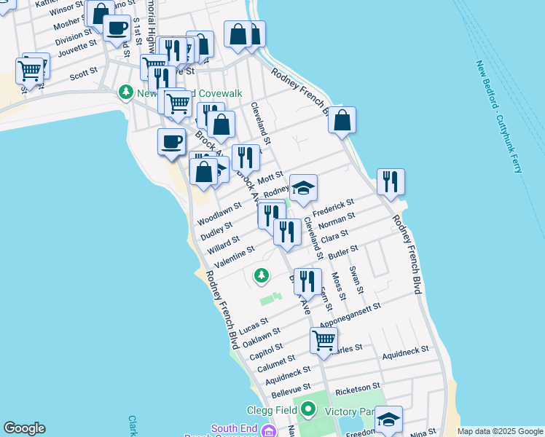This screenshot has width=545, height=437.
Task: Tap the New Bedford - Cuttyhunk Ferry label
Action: click(x=500, y=117)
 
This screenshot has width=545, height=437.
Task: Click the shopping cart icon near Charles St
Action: click(x=324, y=339)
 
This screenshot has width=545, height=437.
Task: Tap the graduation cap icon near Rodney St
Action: click(x=303, y=188)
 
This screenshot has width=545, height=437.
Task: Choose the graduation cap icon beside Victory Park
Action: click(x=388, y=420)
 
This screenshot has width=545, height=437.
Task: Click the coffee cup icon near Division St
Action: click(x=117, y=28)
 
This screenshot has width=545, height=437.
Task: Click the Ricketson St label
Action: click(x=357, y=385)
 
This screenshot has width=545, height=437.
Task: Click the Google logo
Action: click(x=24, y=428)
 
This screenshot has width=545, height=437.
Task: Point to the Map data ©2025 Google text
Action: click(x=499, y=431)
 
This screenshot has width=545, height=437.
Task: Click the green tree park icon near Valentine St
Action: click(x=261, y=275)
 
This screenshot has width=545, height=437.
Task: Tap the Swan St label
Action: click(x=356, y=280)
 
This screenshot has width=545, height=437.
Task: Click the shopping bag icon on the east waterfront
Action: click(x=342, y=119)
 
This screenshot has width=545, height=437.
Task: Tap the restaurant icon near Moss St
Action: click(x=307, y=282)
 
